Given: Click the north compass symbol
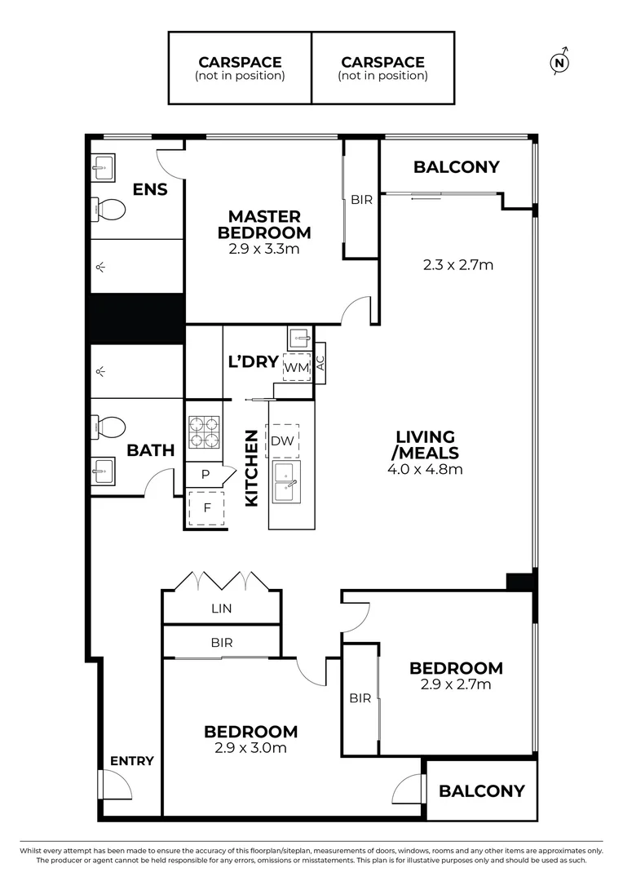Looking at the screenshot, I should [559, 62].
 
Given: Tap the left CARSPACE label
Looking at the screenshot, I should [240, 62].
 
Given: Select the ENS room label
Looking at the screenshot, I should [150, 190].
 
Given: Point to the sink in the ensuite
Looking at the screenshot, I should [103, 170].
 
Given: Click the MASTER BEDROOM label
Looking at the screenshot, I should [264, 224].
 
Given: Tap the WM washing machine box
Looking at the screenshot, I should [297, 368].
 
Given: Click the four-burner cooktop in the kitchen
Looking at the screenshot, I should [204, 432].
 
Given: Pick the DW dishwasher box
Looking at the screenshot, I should [282, 440].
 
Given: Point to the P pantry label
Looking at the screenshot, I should [205, 474].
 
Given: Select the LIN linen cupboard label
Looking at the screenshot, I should [222, 608].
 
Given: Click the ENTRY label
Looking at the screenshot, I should [131, 761].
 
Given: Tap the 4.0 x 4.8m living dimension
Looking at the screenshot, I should [426, 469].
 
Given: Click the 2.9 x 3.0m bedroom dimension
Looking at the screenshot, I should [250, 747].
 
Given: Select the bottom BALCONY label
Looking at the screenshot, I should [481, 790].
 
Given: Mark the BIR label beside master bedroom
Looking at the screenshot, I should [361, 199].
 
